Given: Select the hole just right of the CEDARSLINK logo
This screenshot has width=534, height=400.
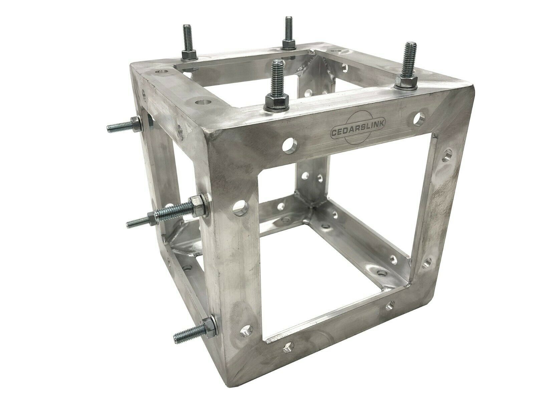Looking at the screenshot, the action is pyautogui.click(x=419, y=119).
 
